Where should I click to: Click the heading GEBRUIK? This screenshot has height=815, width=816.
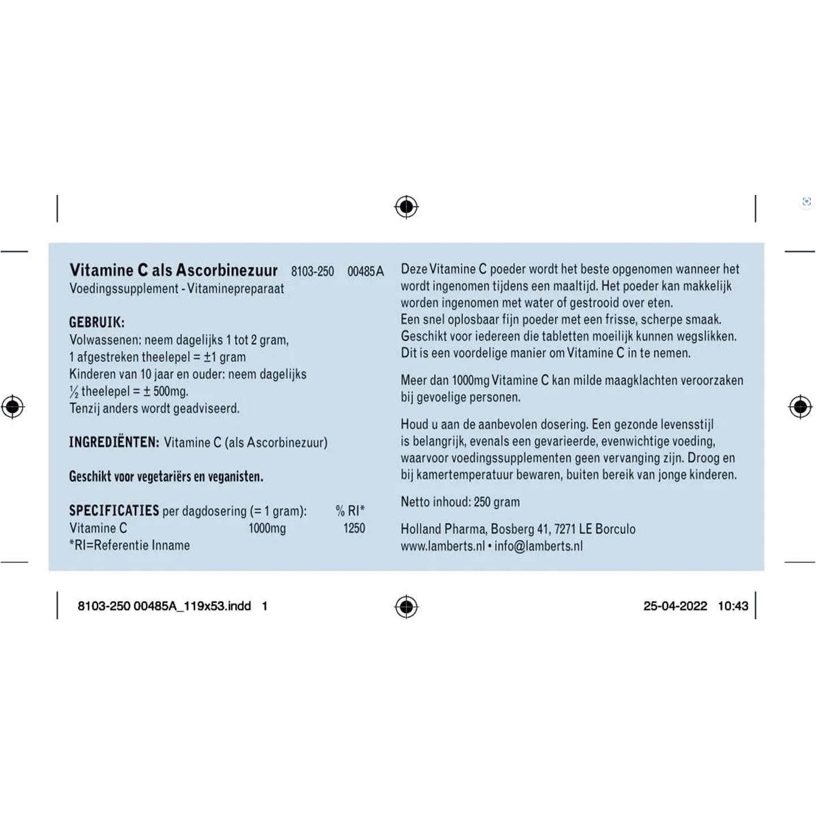pos(97,322)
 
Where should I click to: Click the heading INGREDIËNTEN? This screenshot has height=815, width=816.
pos(114,442)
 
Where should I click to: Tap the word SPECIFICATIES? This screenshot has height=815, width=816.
pos(114,510)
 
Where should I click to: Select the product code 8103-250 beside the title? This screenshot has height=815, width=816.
pos(312,271)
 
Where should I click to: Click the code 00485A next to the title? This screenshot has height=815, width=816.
pos(365,271)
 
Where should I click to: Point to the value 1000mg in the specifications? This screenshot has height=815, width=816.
pos(267,528)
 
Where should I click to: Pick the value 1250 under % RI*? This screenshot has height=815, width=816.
pos(354,528)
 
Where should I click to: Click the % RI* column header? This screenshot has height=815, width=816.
pos(350,511)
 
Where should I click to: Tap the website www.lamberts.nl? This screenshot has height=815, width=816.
pos(443,546)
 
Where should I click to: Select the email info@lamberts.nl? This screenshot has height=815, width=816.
pos(538,546)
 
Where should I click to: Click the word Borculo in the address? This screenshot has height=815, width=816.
pos(615,529)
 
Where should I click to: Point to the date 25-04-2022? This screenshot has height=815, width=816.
pos(675,606)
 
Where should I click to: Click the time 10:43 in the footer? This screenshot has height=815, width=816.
pos(733,606)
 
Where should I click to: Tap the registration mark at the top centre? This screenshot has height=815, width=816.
pos(406,207)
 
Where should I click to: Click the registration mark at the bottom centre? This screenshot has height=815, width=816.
pos(406,607)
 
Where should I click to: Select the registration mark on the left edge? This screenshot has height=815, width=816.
pos(12,407)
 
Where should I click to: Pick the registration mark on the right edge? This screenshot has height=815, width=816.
pos(800,407)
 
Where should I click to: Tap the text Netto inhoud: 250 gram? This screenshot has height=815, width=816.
pos(460,502)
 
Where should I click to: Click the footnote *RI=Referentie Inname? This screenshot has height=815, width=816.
pos(130,545)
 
